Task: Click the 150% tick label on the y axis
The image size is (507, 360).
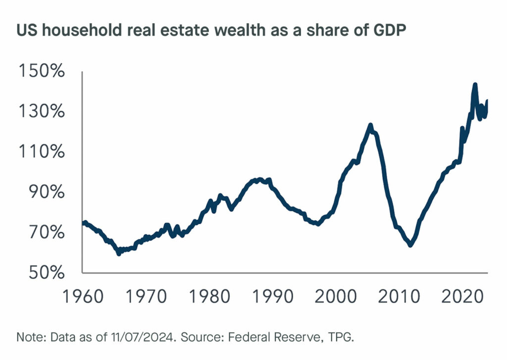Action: (x=42, y=72)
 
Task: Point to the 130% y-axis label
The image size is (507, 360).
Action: (x=42, y=112)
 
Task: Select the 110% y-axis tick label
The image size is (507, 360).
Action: (x=42, y=152)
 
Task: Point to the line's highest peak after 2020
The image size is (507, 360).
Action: (x=475, y=85)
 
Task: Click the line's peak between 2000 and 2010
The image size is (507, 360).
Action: (x=370, y=125)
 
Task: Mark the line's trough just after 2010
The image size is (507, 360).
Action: (x=410, y=245)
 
